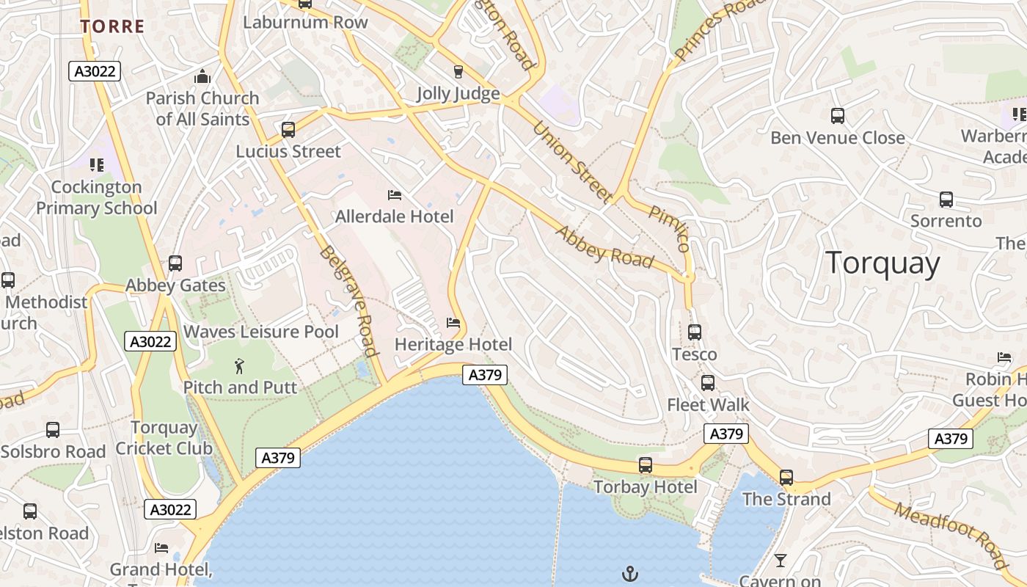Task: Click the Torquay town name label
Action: coord(882,263)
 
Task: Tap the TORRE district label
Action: coord(112,27)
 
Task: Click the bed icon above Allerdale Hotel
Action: coord(395,195)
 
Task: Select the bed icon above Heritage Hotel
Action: coord(453,323)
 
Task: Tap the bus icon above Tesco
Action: coord(695,332)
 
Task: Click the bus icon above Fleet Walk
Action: coord(708,383)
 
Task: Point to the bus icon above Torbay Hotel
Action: coord(646,465)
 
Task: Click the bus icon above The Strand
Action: coord(786,478)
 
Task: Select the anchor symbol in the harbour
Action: coord(629,573)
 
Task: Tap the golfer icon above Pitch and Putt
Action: coord(239,365)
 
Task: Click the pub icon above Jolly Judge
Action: coord(458,71)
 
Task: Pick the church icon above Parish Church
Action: coord(202,76)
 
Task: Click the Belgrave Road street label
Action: coord(348,301)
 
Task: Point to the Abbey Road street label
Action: coord(604,247)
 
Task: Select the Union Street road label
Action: coord(572,161)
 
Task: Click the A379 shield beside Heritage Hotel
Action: coord(486,375)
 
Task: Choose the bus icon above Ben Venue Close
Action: coord(838,116)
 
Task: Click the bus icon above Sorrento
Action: coord(946,200)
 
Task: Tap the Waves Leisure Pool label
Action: coord(260,332)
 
